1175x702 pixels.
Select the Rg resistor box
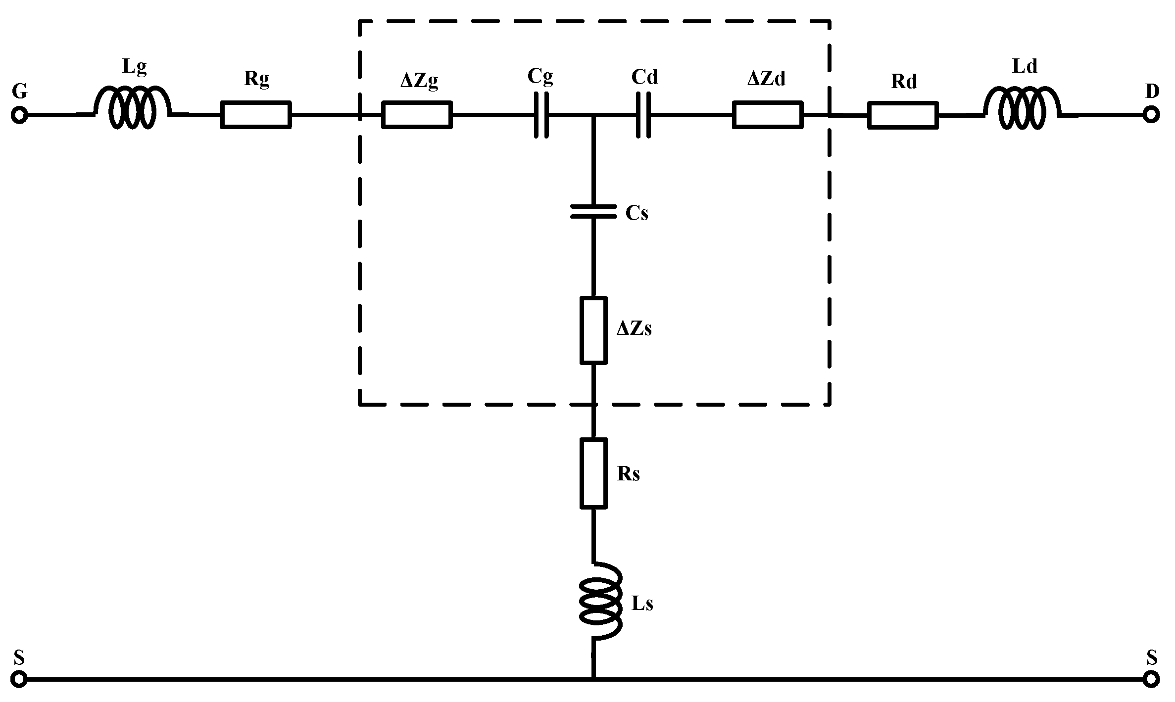tap(255, 115)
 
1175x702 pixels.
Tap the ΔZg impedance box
tap(417, 115)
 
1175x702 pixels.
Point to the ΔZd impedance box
tap(767, 115)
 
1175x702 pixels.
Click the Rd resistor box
tap(903, 115)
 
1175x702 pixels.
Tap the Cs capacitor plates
tap(593, 211)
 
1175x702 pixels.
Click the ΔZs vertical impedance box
tap(593, 330)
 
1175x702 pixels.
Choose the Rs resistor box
tap(593, 473)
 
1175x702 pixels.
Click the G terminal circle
tap(19, 115)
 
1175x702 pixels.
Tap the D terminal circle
tap(1151, 115)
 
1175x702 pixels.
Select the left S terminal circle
tap(19, 679)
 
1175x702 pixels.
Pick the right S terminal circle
tap(1151, 679)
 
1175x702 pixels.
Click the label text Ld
tap(1024, 66)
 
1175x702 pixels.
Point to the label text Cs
tap(636, 213)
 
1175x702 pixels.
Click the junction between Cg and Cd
tap(593, 115)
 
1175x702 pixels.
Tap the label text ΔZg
tap(419, 81)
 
